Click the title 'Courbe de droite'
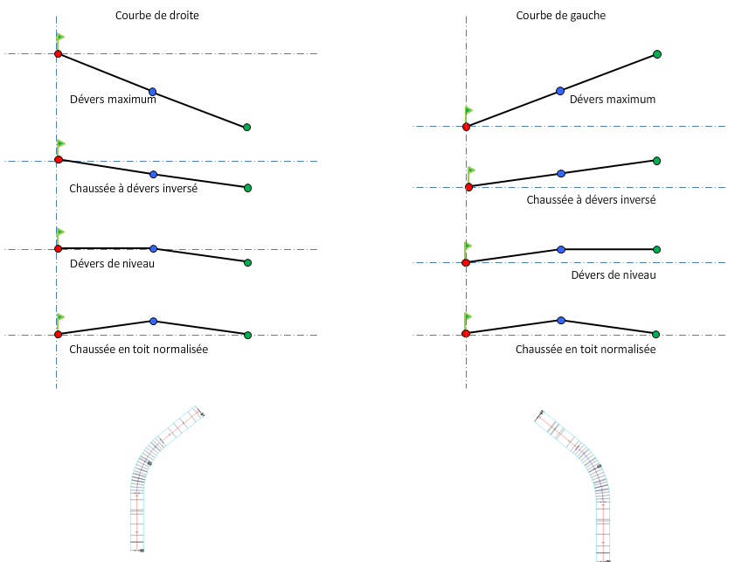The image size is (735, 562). [157, 16]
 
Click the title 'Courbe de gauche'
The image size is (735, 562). [560, 16]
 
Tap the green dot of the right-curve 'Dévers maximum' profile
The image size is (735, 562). [246, 128]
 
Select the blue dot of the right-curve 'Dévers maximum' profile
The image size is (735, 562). [152, 92]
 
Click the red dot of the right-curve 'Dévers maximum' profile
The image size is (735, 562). [58, 54]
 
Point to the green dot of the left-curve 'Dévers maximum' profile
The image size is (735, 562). [656, 54]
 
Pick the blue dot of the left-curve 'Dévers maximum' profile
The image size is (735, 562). [560, 91]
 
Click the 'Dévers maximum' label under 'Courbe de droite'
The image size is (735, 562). [113, 99]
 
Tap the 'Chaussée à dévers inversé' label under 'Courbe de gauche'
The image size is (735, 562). [591, 200]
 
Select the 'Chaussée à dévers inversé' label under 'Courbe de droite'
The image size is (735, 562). [133, 188]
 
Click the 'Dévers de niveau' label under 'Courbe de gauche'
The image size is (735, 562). [613, 275]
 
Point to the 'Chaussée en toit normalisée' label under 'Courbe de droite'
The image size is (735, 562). [138, 350]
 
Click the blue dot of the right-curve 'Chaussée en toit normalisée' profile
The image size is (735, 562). [153, 322]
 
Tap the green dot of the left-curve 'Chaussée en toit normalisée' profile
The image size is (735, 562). [655, 334]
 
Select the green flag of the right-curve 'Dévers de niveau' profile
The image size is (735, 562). [60, 233]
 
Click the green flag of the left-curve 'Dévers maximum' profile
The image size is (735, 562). [469, 111]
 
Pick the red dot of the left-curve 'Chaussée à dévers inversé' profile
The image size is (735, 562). [469, 187]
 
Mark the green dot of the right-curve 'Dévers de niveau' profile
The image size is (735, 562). [247, 262]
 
